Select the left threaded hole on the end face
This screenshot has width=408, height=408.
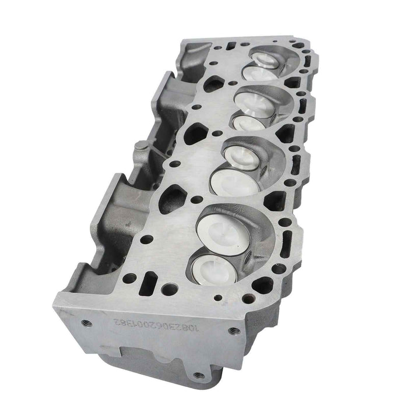(x=85, y=322)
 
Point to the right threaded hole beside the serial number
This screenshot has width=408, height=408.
(x=234, y=330)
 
